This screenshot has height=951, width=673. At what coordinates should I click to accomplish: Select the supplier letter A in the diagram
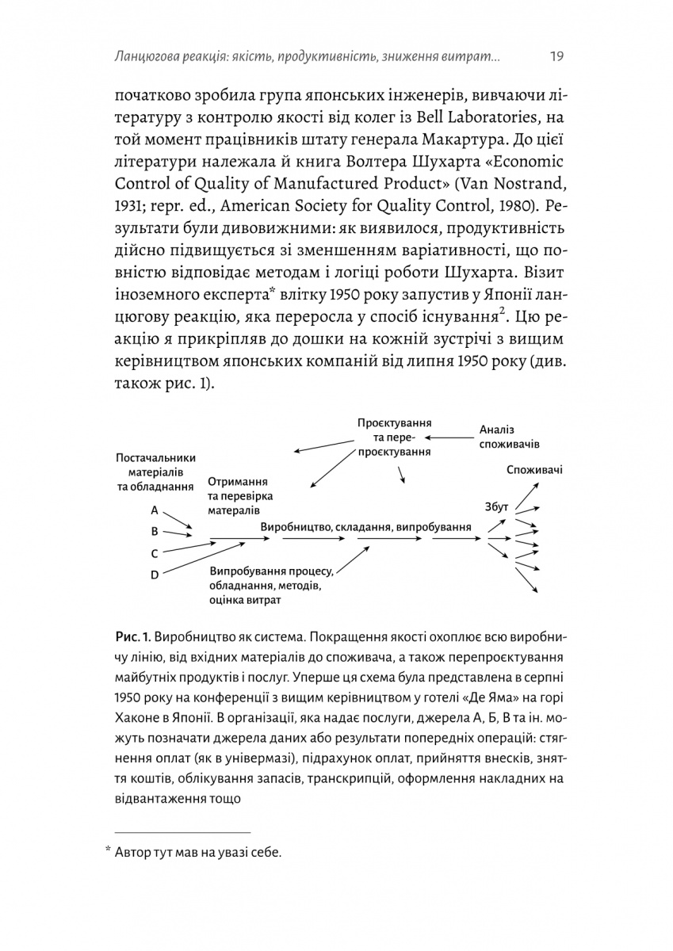155,510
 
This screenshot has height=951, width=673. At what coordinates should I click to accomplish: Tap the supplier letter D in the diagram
155,574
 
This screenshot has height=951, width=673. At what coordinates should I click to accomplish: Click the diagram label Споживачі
535,470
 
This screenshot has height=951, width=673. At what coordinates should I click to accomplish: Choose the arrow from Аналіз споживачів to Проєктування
448,436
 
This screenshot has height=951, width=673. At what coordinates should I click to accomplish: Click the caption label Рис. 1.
131,638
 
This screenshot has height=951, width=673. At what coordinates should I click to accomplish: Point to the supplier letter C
155,553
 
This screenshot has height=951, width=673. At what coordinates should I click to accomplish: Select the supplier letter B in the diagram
155,531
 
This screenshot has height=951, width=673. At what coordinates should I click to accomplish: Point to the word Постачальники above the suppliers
156,457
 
